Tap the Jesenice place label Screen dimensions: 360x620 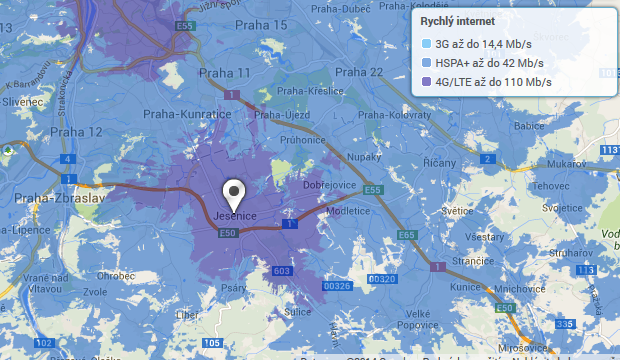(x=237, y=216)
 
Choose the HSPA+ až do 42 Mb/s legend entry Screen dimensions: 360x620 (x=485, y=63)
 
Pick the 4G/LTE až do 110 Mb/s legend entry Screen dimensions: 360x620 (x=488, y=82)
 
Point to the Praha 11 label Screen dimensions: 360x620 (x=224, y=73)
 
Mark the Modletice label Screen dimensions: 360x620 (x=347, y=211)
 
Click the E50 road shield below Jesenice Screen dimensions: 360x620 (x=227, y=233)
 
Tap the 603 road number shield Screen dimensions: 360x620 (x=281, y=271)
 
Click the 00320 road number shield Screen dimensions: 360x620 (x=384, y=279)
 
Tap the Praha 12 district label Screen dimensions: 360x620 (x=77, y=132)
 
